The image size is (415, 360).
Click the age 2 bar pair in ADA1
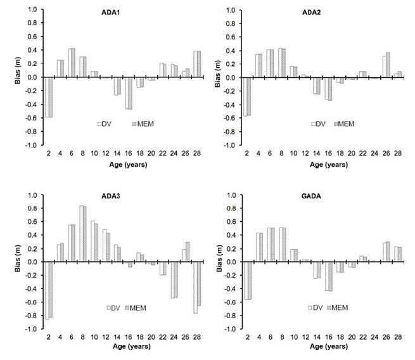(48, 97)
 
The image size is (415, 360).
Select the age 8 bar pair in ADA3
(83, 234)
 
